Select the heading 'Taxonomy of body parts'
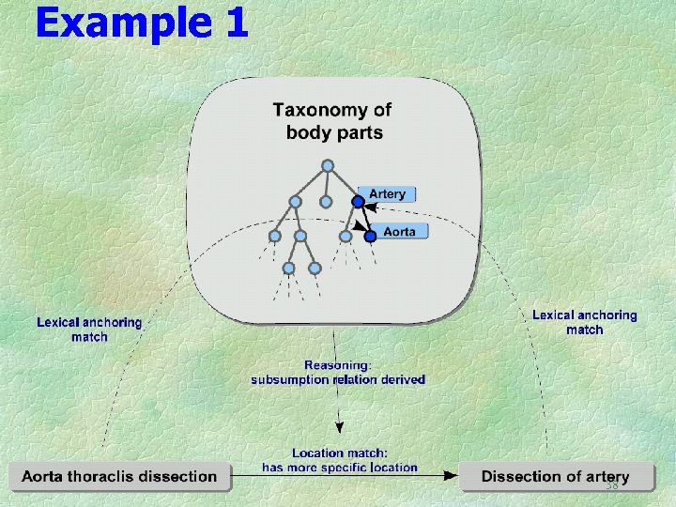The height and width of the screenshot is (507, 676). (333, 121)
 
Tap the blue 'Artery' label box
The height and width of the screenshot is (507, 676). (387, 194)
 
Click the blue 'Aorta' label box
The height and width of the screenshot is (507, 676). (399, 231)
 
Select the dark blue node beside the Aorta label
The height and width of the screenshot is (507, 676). (370, 237)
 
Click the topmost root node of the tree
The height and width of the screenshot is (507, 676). (327, 166)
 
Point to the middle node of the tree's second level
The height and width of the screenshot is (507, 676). (325, 201)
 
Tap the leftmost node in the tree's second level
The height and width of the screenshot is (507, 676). (295, 201)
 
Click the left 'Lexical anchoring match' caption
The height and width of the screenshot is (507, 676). (89, 330)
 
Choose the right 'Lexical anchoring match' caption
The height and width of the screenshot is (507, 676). (584, 323)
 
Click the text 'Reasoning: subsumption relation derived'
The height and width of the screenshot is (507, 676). (337, 373)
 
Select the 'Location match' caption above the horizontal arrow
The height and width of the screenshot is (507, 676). (339, 460)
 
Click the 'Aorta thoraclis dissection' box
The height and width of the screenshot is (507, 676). (120, 477)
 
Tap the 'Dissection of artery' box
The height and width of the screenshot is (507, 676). (556, 477)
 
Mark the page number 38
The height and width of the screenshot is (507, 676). (612, 486)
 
